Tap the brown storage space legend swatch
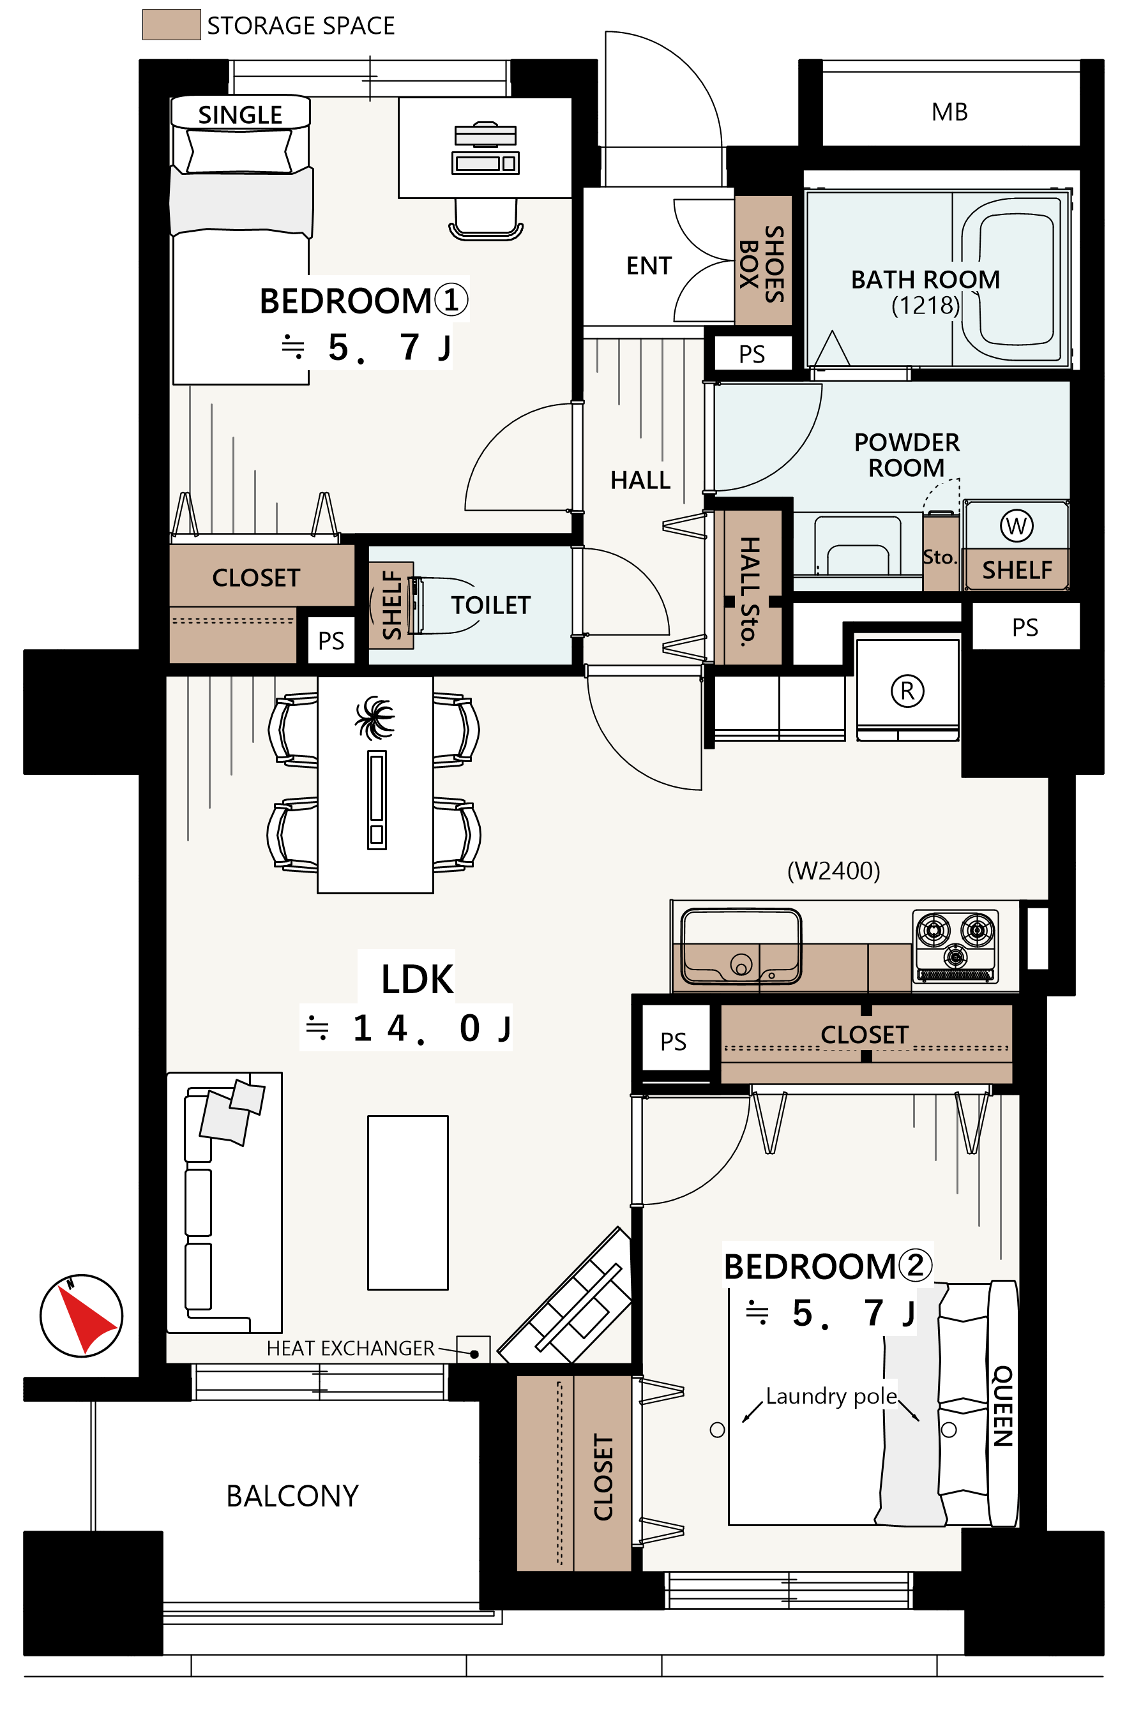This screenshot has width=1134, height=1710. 171,25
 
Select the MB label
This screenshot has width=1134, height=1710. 949,112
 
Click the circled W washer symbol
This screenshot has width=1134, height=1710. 1016,526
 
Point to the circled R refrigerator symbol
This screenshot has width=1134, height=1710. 907,691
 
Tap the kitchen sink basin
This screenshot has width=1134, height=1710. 741,947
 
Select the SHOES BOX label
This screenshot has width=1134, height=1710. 762,263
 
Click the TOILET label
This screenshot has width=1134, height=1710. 491,605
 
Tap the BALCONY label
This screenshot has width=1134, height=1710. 292,1496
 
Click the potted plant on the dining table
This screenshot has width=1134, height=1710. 375,717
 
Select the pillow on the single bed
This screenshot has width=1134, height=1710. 239,151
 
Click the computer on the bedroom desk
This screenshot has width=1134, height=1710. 485,148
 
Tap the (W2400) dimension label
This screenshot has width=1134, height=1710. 833,871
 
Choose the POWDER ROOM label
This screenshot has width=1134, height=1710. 907,455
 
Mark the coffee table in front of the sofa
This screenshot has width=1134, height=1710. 408,1203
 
